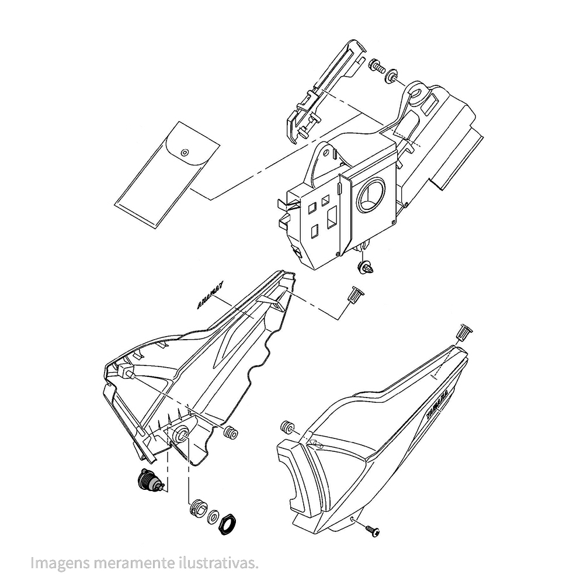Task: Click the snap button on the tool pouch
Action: pos(185,153)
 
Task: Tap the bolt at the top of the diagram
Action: pos(377,66)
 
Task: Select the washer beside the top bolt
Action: pos(392,76)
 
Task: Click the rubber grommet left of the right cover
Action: pos(287,426)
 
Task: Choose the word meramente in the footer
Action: pos(130,563)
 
